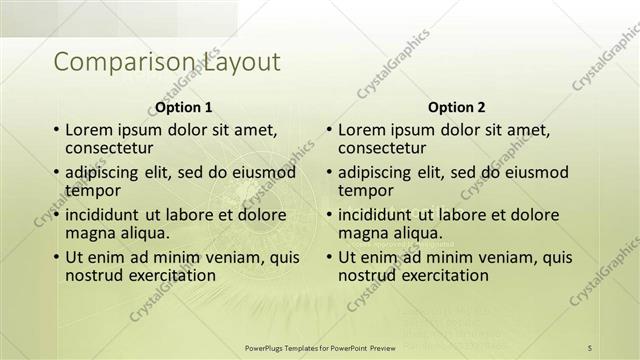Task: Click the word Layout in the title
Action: click(242, 63)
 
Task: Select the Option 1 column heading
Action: click(184, 107)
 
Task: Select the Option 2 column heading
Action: click(456, 107)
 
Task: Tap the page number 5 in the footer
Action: click(590, 346)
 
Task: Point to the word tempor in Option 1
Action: click(93, 190)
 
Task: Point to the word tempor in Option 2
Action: click(366, 190)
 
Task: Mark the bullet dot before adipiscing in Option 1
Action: click(56, 173)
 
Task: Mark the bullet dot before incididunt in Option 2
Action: click(328, 215)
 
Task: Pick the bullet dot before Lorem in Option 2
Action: click(328, 131)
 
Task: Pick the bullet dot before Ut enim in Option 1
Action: click(56, 257)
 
